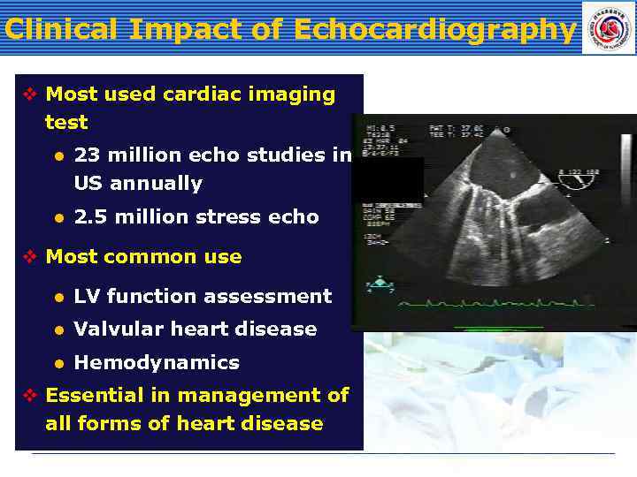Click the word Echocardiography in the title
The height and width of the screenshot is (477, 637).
[x=434, y=30]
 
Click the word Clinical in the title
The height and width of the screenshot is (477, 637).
[x=60, y=30]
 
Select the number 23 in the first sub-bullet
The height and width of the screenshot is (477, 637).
[x=86, y=155]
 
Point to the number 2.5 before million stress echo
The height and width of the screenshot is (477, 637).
[x=92, y=217]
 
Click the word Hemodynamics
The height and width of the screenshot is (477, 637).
[x=157, y=363]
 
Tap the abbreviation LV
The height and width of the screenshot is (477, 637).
[x=87, y=297]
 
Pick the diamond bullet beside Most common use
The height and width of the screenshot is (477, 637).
[x=29, y=257]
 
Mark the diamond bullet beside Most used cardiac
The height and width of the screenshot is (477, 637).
[x=29, y=94]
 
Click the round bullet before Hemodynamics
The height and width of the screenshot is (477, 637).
[x=58, y=363]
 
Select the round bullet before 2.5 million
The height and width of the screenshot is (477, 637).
[x=58, y=217]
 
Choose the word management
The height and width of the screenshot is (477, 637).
[x=238, y=395]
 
